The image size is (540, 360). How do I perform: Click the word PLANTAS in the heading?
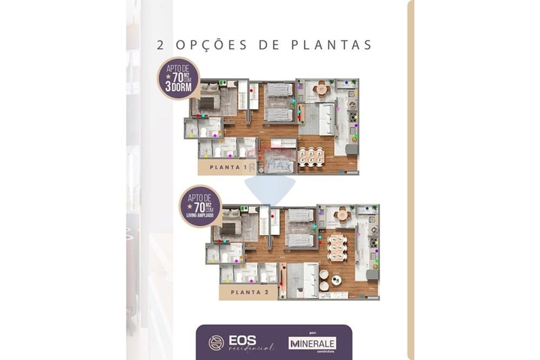point(331,45)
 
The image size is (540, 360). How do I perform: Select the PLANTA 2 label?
point(247,293)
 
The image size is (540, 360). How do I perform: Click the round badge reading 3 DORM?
point(179,79)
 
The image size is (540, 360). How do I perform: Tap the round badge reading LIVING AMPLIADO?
point(200,206)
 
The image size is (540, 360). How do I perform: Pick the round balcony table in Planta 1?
point(322,89)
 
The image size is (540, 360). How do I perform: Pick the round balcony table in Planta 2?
point(342,214)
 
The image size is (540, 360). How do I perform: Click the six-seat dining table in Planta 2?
point(337,247)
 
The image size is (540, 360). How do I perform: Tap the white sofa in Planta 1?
point(326,119)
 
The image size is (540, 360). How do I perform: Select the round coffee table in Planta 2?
point(336,280)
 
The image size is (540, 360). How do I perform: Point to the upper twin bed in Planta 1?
point(279,89)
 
